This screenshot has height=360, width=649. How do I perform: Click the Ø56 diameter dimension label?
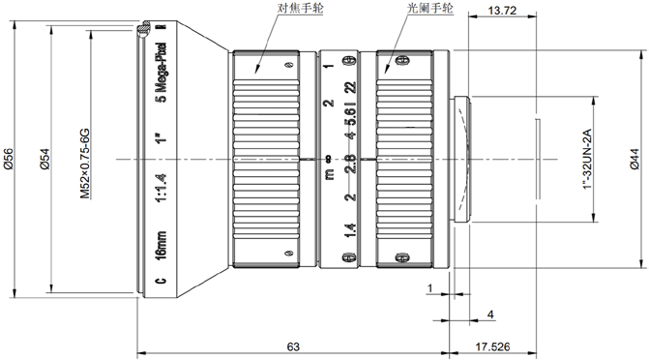click(8, 159)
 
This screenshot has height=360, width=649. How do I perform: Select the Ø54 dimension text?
click(44, 159)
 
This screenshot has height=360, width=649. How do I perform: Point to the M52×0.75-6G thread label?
click(85, 165)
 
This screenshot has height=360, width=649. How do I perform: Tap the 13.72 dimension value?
click(502, 11)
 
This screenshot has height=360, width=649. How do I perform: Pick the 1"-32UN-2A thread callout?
click(587, 160)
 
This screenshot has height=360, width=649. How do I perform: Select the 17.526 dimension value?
click(492, 346)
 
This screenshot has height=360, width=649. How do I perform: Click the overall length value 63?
click(293, 346)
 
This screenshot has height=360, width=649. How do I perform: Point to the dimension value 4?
click(490, 315)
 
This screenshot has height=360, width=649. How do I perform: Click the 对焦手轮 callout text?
click(301, 8)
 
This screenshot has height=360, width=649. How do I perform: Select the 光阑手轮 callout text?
click(430, 8)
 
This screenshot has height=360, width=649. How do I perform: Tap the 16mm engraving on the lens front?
click(161, 245)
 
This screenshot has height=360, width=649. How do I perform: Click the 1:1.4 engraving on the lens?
click(161, 188)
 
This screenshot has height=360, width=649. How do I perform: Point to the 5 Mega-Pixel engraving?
click(161, 72)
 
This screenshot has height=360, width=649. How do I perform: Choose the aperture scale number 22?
click(350, 88)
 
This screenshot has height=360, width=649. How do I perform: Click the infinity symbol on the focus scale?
click(329, 159)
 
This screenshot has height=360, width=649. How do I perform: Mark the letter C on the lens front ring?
click(161, 280)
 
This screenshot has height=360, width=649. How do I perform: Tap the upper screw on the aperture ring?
click(400, 60)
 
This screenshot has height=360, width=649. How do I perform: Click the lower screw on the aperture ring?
click(400, 258)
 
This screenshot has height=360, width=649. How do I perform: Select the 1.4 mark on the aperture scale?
click(350, 230)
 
